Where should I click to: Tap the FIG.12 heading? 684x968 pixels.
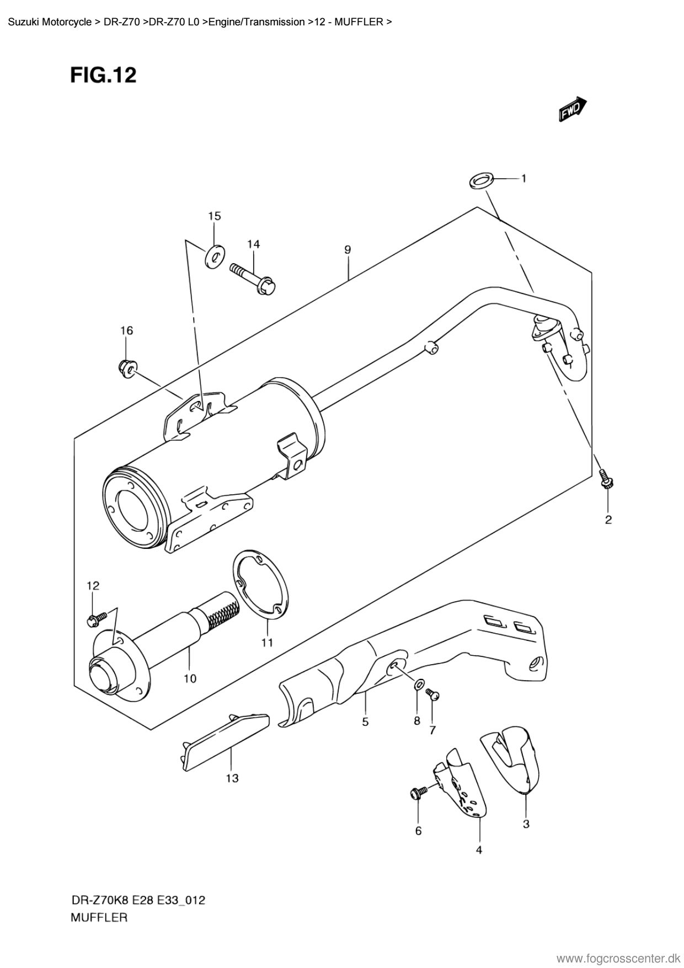pyautogui.click(x=103, y=75)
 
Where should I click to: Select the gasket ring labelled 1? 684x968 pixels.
pyautogui.click(x=480, y=180)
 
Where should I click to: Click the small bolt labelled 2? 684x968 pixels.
pyautogui.click(x=607, y=478)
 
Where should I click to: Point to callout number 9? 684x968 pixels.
pyautogui.click(x=348, y=249)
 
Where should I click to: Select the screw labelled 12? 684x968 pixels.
pyautogui.click(x=97, y=619)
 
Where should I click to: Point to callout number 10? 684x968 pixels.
pyautogui.click(x=190, y=678)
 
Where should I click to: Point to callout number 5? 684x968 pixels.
pyautogui.click(x=366, y=721)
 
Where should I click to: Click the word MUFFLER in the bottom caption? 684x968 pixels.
pyautogui.click(x=99, y=918)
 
